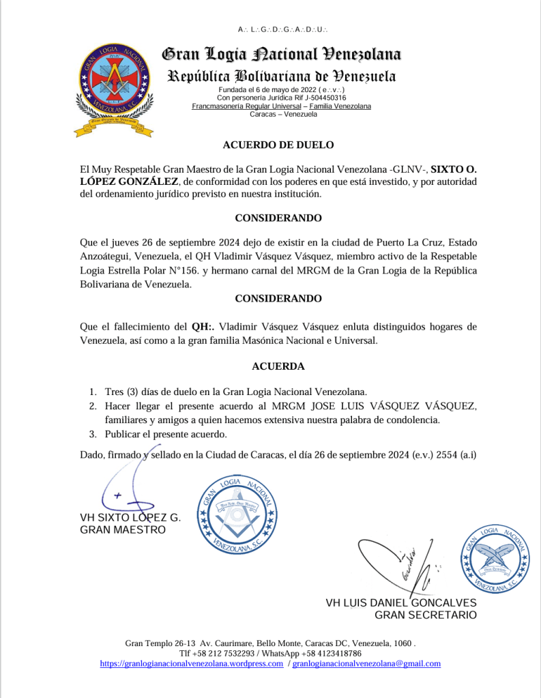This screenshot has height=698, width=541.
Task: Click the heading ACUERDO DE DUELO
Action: (278, 145)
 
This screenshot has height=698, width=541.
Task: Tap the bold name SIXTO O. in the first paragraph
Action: (456, 169)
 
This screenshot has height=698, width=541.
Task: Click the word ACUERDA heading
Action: (278, 366)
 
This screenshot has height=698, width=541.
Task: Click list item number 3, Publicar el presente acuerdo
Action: (166, 434)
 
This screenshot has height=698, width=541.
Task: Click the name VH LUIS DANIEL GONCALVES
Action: (401, 603)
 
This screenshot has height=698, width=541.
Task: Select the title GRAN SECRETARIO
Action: (426, 615)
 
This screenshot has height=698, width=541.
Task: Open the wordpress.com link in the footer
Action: (191, 663)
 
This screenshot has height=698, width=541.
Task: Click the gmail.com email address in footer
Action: (366, 663)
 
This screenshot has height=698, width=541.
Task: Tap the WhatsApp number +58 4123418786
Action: (330, 653)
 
